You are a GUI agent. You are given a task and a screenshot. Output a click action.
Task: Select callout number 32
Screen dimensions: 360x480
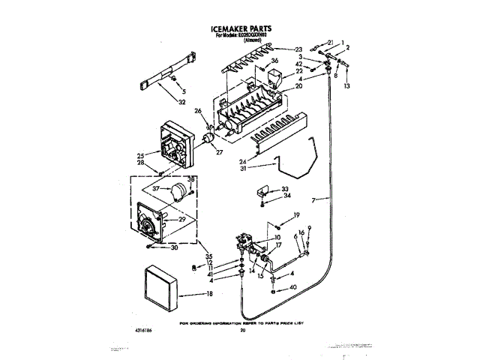(182, 101)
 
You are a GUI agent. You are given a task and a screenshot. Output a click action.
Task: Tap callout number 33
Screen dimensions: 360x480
(284, 189)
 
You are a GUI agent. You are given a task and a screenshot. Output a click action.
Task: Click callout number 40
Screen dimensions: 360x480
(292, 287)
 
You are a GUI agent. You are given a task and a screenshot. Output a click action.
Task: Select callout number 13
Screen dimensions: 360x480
(346, 87)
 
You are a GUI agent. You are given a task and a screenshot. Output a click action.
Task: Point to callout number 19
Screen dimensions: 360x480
(296, 215)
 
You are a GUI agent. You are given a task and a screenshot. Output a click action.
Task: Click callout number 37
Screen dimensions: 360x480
(155, 188)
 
